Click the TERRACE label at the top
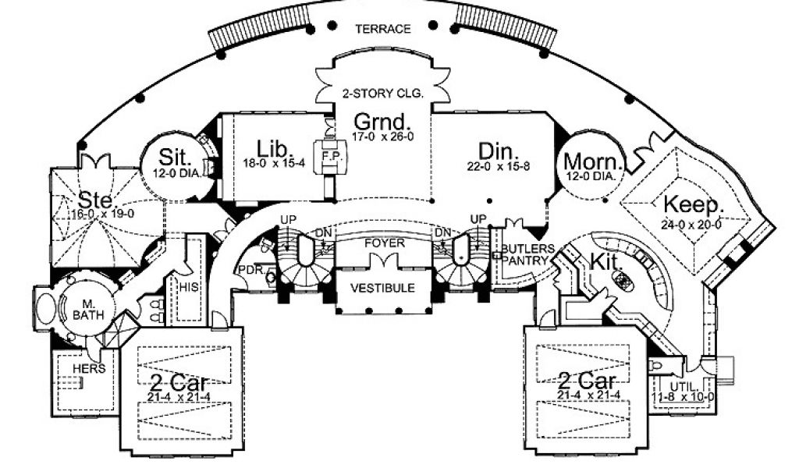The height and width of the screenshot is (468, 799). (382, 29)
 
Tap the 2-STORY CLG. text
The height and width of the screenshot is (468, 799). (382, 93)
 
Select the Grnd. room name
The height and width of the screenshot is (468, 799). (382, 122)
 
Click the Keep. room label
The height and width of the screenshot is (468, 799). (694, 204)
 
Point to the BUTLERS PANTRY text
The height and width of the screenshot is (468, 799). (527, 254)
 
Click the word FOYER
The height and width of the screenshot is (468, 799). (385, 243)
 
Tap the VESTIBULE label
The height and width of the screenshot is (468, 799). (384, 287)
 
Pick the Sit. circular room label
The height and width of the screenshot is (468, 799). (171, 154)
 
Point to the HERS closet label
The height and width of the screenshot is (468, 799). (89, 369)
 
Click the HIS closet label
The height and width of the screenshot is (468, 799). (190, 287)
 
